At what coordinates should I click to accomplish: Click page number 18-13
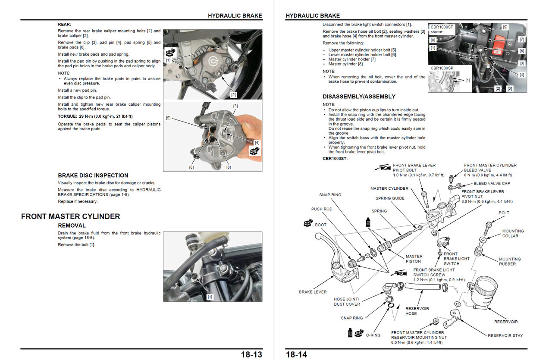point(251,354)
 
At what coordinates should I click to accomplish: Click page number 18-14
point(296,354)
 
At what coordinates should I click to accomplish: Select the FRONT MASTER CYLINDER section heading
point(70,216)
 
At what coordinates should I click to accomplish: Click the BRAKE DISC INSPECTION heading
point(93,175)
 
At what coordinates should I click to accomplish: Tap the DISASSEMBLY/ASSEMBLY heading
point(359,97)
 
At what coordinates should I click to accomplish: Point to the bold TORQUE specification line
point(95,116)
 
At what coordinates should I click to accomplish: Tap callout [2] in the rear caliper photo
point(233,95)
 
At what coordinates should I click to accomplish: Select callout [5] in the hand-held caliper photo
point(168,118)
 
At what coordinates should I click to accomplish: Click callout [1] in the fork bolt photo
point(210,297)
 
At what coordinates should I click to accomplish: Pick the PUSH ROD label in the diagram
point(322,209)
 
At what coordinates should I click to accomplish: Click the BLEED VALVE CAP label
point(492,183)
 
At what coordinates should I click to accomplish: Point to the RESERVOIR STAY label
point(505,335)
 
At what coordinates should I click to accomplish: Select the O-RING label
point(373,335)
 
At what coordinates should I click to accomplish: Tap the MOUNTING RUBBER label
point(510,261)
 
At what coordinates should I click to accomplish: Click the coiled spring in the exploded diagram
point(402,237)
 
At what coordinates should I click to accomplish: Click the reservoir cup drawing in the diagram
point(483,292)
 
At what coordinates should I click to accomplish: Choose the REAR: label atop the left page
point(64,25)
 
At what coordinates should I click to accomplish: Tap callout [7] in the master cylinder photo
point(522,39)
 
